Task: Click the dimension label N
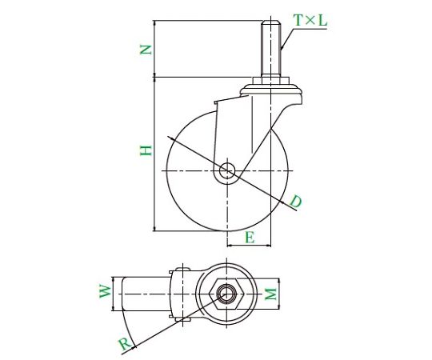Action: pyautogui.click(x=146, y=50)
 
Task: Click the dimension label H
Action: pyautogui.click(x=146, y=150)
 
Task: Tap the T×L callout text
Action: pyautogui.click(x=310, y=20)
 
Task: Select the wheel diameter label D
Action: pyautogui.click(x=296, y=202)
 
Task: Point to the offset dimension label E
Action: pyautogui.click(x=250, y=238)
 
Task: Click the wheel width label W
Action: pyautogui.click(x=105, y=291)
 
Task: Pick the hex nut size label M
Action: pyautogui.click(x=270, y=294)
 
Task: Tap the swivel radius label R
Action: pyautogui.click(x=125, y=345)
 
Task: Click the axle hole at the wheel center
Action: pyautogui.click(x=227, y=170)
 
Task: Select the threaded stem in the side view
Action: pyautogui.click(x=271, y=47)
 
